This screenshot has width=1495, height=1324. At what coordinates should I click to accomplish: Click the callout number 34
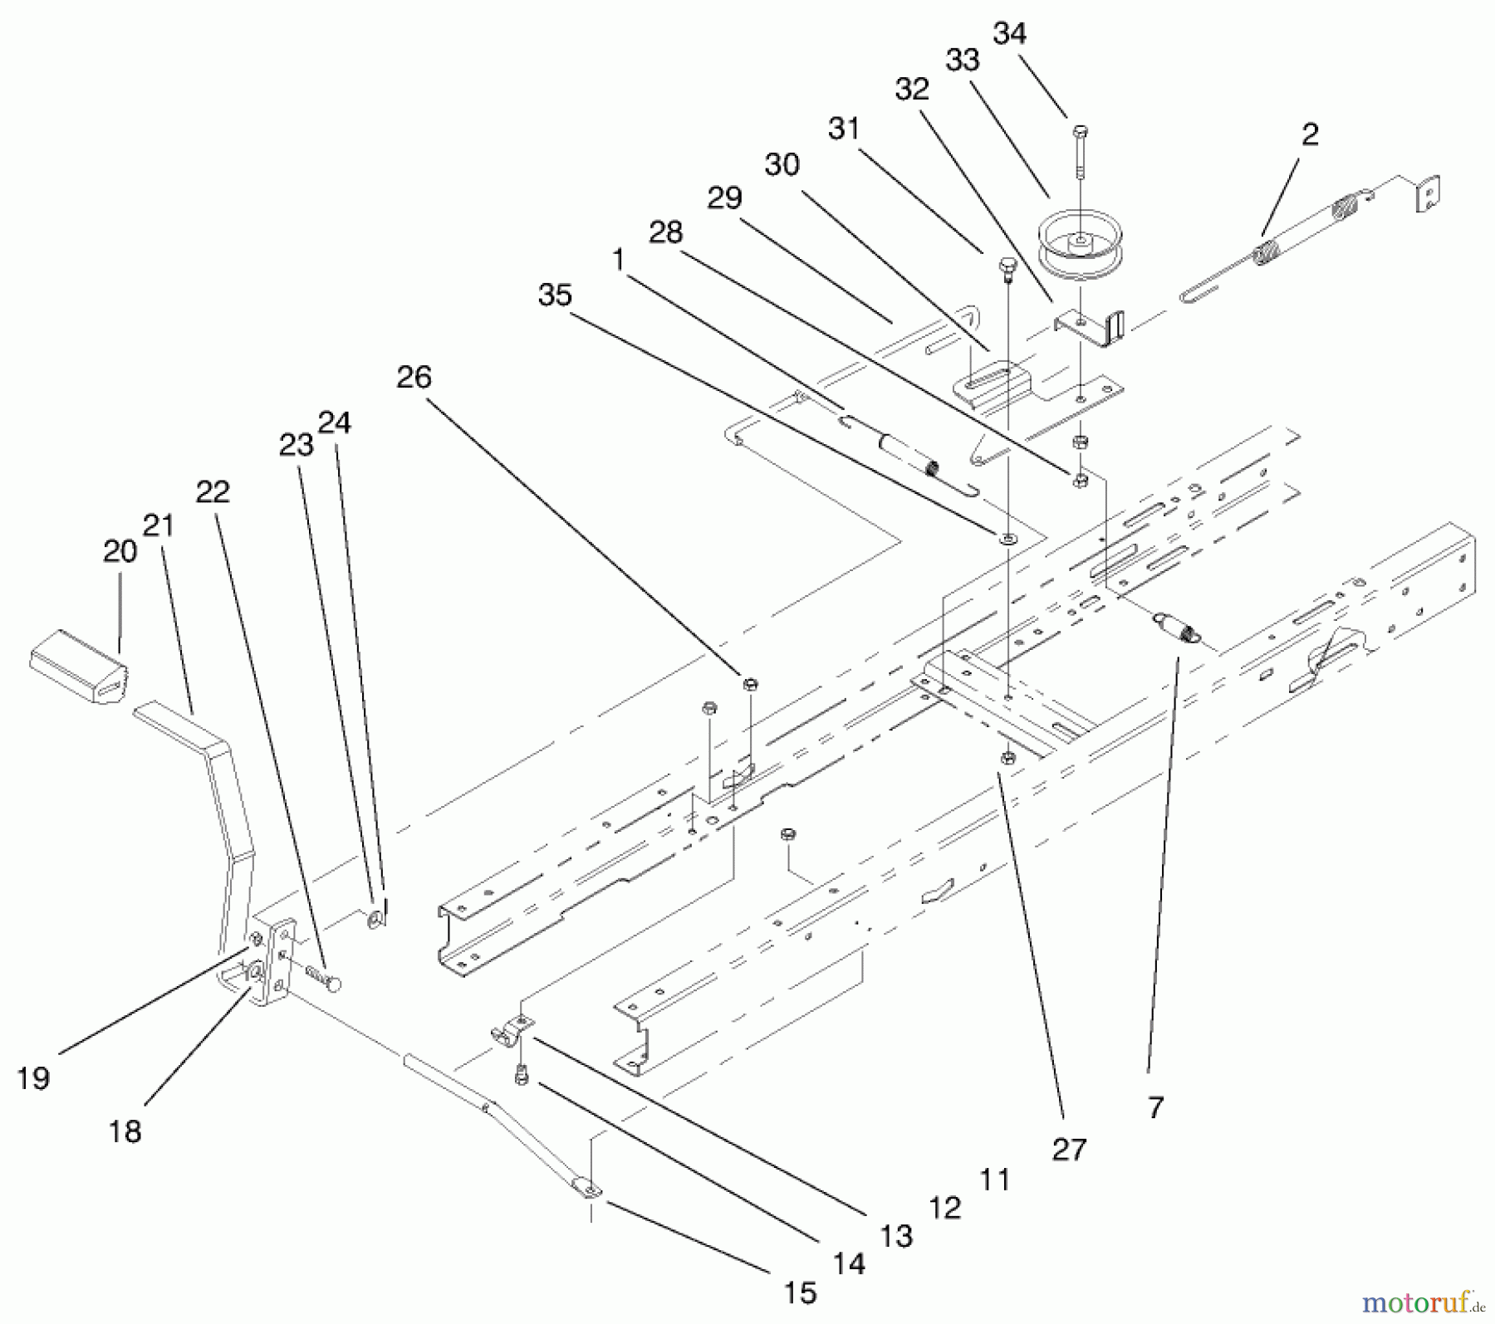tap(1010, 34)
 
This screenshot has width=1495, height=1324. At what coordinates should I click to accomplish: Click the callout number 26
tap(414, 378)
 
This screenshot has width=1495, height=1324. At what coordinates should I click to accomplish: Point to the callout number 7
tap(1156, 1107)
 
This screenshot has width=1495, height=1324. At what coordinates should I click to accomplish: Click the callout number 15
tap(800, 1292)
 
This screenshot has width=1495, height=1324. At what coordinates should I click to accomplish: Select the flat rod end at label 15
tap(588, 1190)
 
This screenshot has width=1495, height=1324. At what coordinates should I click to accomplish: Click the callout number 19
tap(33, 1078)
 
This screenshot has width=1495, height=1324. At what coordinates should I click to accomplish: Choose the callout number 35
tap(555, 295)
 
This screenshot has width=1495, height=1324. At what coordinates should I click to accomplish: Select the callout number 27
tap(1068, 1150)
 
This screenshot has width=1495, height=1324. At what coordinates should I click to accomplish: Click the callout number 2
tap(1310, 134)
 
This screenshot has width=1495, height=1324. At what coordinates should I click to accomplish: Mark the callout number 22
tap(213, 492)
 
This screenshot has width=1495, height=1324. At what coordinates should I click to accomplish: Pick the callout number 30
tap(782, 164)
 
